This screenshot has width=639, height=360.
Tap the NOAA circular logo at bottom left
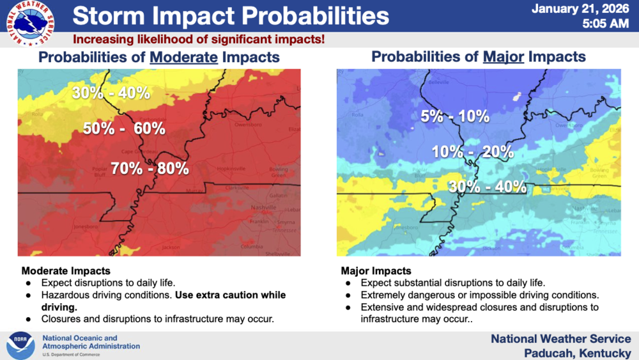pos(20,345)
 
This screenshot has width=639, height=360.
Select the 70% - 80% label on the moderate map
pos(150,169)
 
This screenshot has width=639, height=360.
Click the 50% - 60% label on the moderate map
pos(124,129)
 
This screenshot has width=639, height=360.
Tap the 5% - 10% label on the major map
pos(455,116)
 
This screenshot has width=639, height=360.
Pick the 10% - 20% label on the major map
pos(472,152)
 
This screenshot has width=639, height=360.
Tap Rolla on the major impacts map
pos(357,116)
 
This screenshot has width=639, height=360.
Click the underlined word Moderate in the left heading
pos(184,58)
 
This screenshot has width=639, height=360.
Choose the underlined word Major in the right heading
pos(504,58)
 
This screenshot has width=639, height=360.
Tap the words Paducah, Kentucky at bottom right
pos(577,352)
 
